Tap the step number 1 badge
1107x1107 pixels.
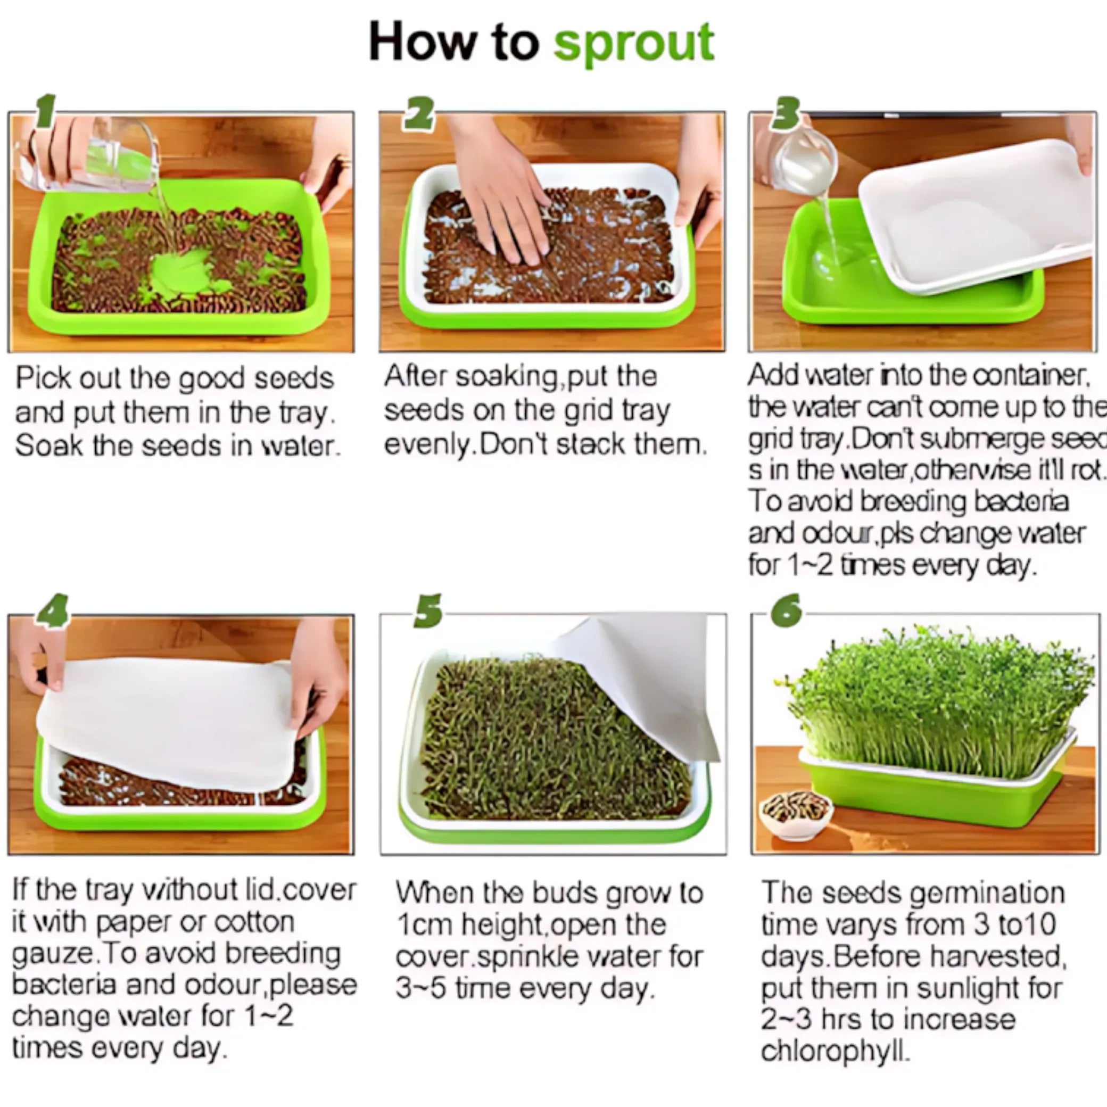pos(46,111)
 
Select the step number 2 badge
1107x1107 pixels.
pos(419,113)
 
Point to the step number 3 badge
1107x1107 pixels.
pos(785,113)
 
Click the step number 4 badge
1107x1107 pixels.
pos(53,610)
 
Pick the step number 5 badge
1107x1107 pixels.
pos(428,611)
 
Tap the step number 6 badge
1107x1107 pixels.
pos(786,611)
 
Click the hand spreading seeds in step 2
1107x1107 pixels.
pos(504,201)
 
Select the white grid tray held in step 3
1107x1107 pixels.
pos(974,218)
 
